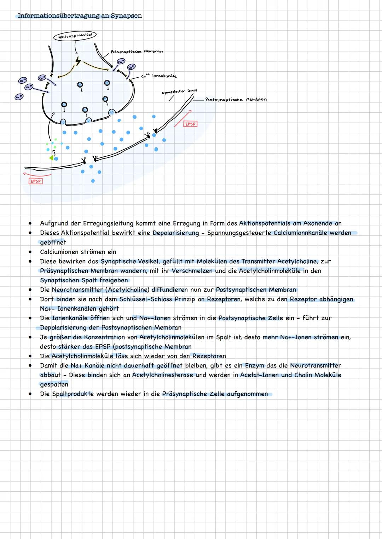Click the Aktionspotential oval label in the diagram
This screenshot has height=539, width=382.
click(75, 36)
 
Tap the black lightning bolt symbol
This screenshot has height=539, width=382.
click(78, 62)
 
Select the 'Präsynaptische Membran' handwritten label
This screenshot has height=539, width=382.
click(137, 52)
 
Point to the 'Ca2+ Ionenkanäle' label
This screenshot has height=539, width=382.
click(159, 76)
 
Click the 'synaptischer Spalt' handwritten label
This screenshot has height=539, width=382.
click(179, 91)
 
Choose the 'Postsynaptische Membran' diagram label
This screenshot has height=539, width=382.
click(236, 100)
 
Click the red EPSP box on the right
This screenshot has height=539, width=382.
click(190, 124)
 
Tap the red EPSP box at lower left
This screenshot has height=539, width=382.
click(35, 181)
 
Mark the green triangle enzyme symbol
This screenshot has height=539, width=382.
click(51, 158)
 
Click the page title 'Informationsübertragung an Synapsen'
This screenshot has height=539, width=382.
click(80, 16)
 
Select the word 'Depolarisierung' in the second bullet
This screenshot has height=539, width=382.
click(176, 233)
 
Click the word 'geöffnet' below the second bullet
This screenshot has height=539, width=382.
click(53, 242)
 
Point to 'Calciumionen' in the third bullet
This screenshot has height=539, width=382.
click(58, 252)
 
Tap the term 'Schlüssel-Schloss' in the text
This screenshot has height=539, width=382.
click(146, 299)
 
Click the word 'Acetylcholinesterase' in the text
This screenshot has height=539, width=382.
click(163, 375)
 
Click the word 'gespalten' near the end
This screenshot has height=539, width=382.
click(54, 384)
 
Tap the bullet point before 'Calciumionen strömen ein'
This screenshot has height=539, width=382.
click(31, 252)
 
